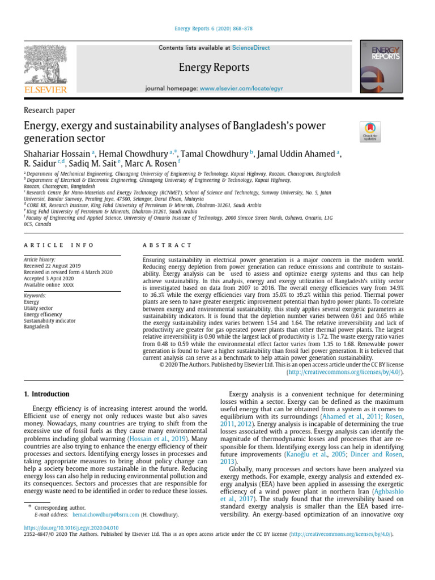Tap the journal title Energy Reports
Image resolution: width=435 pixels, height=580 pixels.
coord(214,67)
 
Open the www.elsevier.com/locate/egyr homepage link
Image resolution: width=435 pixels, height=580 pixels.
coord(241,89)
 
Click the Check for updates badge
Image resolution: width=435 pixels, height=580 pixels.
coord(370,132)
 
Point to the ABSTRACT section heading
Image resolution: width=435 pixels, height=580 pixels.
coord(167,245)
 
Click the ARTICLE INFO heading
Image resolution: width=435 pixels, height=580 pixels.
coord(58,245)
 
